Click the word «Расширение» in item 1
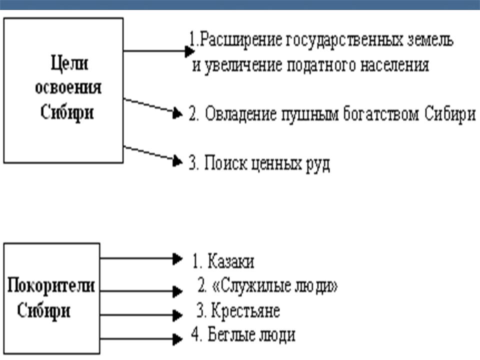[241, 40]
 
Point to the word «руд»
[316, 163]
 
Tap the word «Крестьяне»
[245, 311]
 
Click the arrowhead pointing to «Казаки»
[176, 258]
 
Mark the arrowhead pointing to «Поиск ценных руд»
[177, 161]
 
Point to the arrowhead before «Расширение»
[189, 50]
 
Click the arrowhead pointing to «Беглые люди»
[176, 338]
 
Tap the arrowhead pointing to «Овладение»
[177, 114]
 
